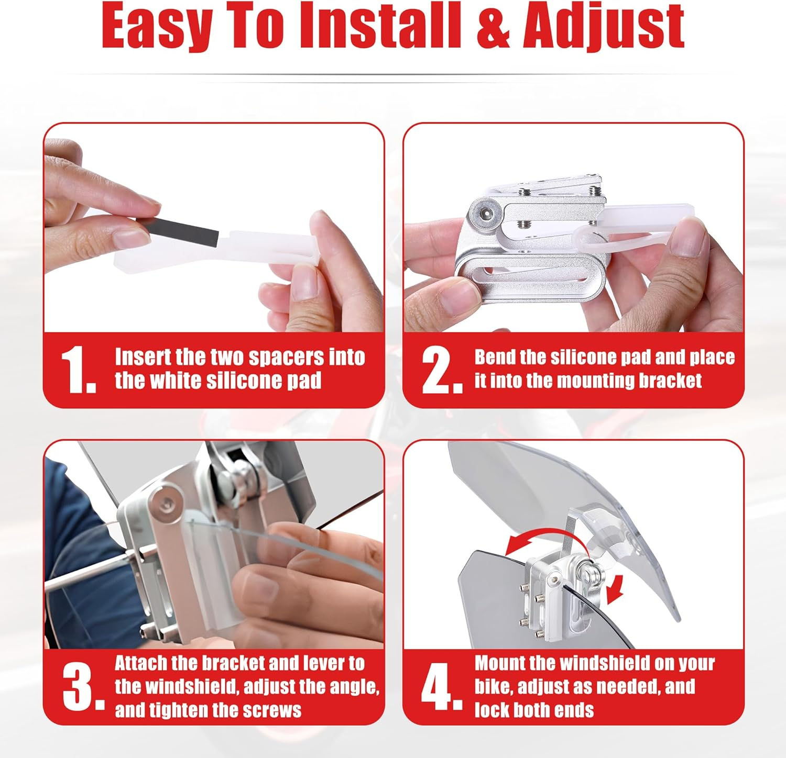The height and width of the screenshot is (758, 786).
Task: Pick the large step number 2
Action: pos(442,370)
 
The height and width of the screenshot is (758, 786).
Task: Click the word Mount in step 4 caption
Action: pos(499,663)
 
